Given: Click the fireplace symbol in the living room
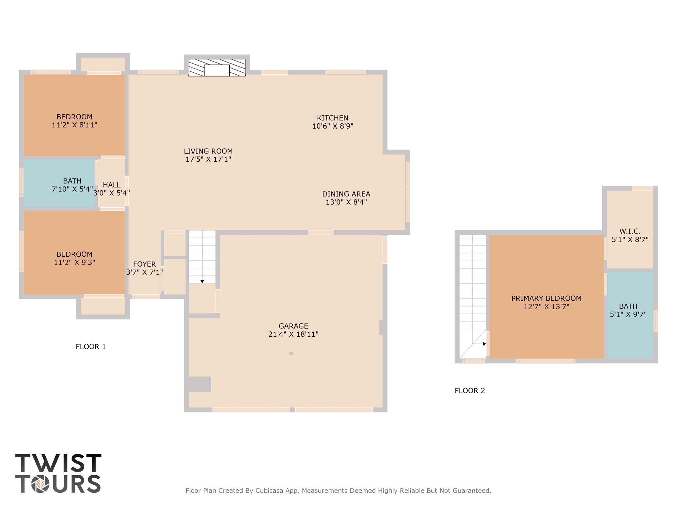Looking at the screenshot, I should pos(217,68).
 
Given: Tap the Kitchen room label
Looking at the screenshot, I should pos(333,118).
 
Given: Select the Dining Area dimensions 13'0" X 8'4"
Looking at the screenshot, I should pos(346,202).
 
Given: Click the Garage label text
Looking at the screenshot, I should pos(293,326).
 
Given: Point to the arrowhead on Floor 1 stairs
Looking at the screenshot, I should pos(202,281).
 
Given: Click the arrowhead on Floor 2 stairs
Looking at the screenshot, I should pos(484,344).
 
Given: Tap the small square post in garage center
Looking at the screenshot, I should pos(291,354).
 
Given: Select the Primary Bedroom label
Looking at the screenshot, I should pos(546,298).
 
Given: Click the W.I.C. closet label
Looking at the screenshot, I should pos(630,232).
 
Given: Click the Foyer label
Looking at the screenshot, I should pos(144,264).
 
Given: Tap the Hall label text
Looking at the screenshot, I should pos(111,185).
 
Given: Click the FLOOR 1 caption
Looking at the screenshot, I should pos(91,347).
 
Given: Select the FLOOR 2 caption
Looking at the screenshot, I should pos(469,391).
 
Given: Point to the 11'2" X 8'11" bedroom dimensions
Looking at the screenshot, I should pos(74,125).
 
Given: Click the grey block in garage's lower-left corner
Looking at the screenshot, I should pos(200,384).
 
